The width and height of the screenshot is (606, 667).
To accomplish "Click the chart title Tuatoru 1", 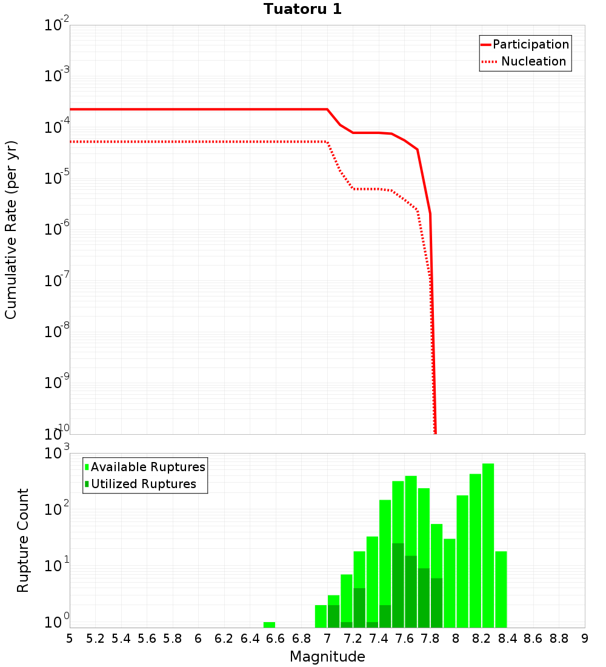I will pyautogui.click(x=302, y=9).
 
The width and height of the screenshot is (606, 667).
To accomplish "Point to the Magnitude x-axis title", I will pyautogui.click(x=327, y=657).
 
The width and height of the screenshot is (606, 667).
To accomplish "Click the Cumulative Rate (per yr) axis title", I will pyautogui.click(x=11, y=230).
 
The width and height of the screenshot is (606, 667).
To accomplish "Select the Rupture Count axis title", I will pyautogui.click(x=23, y=540).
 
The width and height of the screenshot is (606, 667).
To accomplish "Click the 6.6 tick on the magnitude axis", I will pyautogui.click(x=276, y=639).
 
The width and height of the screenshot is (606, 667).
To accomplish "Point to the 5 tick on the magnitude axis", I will pyautogui.click(x=70, y=639).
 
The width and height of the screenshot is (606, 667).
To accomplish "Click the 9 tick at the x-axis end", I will pyautogui.click(x=584, y=639).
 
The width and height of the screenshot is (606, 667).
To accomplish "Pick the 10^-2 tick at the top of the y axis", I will pyautogui.click(x=57, y=26).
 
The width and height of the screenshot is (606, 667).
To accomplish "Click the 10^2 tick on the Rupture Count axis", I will pyautogui.click(x=58, y=509).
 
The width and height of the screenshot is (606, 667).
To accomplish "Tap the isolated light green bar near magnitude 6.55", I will pyautogui.click(x=269, y=625).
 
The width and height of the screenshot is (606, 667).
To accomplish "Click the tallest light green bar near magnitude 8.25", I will pyautogui.click(x=488, y=546).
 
